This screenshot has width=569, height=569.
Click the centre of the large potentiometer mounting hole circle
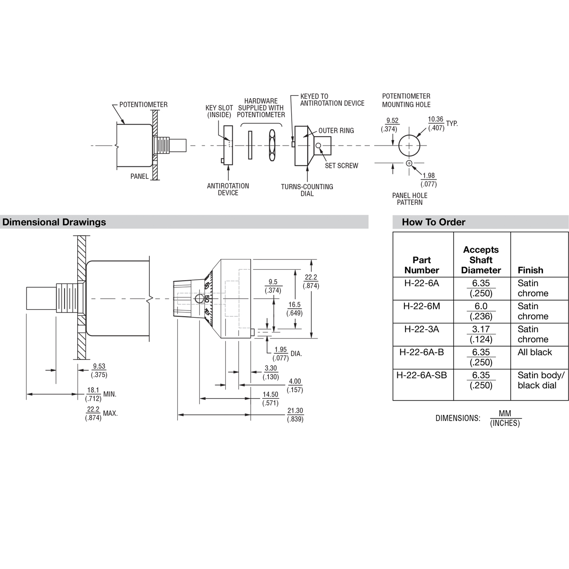click(409, 145)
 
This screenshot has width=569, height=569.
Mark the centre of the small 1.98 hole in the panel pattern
click(409, 163)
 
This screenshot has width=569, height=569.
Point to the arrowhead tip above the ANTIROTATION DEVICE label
click(228, 165)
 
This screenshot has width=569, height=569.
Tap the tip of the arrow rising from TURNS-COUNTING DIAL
click(307, 166)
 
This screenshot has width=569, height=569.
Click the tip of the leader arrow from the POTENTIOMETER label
click(124, 124)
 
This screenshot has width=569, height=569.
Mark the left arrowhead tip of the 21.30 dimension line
click(178, 415)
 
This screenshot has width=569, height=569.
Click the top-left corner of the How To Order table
click(393, 232)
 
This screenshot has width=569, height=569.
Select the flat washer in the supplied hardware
click(250, 145)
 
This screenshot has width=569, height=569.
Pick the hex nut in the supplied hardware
click(272, 145)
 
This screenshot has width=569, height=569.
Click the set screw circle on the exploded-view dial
click(318, 146)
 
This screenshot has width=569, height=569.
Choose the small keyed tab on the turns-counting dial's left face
click(293, 144)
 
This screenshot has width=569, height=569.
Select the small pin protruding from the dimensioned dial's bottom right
click(252, 332)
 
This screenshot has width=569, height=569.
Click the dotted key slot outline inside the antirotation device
click(230, 143)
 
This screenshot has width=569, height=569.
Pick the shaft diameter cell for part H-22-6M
click(481, 311)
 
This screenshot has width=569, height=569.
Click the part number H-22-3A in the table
click(422, 329)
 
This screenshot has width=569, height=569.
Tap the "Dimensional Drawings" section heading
click(54, 222)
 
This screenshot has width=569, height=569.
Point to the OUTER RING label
click(336, 130)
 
